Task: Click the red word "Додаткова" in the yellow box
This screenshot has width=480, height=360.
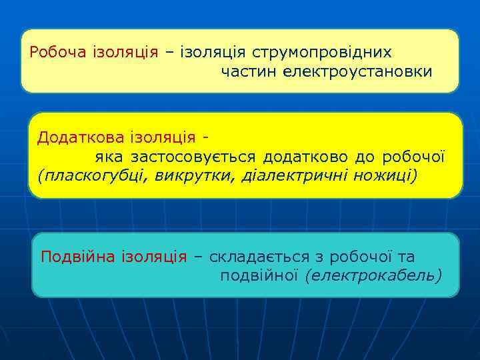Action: (x=75, y=137)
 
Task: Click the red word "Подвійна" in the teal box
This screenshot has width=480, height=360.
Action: (x=78, y=257)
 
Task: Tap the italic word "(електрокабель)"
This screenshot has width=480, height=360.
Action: (x=373, y=275)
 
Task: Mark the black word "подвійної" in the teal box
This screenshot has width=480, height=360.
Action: (x=258, y=275)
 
